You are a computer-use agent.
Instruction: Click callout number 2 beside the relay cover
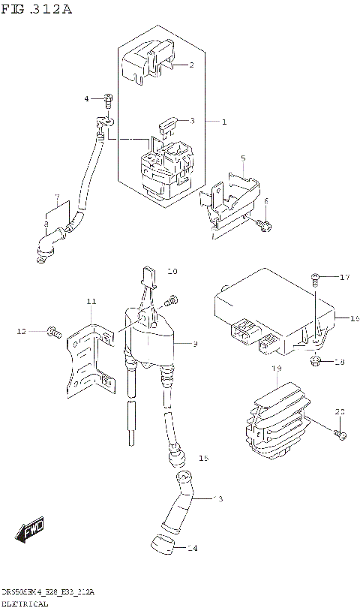pos(190,65)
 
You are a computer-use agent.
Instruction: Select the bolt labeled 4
pos(108,98)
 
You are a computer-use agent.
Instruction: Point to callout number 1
pos(223,122)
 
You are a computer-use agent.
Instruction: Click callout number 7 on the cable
pos(55,199)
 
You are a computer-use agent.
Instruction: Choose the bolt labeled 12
pos(52,330)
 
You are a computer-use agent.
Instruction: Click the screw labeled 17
pos(315,279)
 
